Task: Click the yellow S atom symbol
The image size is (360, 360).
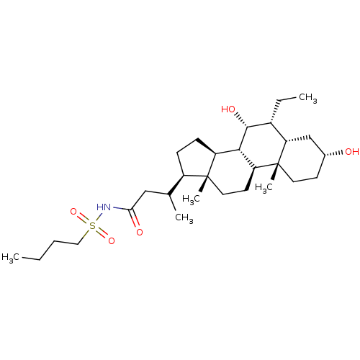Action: pos(92,226)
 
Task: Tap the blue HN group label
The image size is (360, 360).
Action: pos(104,208)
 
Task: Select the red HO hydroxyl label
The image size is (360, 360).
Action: pos(228,109)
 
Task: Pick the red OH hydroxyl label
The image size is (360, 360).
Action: pos(352,152)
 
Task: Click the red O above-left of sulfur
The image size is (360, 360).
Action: pos(73,212)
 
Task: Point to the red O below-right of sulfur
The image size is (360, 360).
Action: pos(112,241)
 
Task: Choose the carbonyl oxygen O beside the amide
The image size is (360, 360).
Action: pos(139,232)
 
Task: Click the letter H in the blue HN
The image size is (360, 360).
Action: pos(100,208)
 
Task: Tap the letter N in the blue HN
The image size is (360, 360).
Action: pos(108,208)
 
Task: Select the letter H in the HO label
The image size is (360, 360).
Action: pos(225,109)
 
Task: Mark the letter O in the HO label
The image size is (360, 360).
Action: pos(232,109)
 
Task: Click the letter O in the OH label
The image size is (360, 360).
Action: pos(348,152)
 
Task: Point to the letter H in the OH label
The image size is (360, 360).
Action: pos(356,152)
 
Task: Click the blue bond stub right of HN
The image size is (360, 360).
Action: pos(118,210)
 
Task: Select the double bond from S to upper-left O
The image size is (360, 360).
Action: pos(82,218)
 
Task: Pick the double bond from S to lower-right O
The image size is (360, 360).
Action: pos(102,233)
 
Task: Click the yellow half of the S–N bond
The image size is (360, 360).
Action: pos(95,221)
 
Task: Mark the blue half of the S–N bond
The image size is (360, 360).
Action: pos(99,215)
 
